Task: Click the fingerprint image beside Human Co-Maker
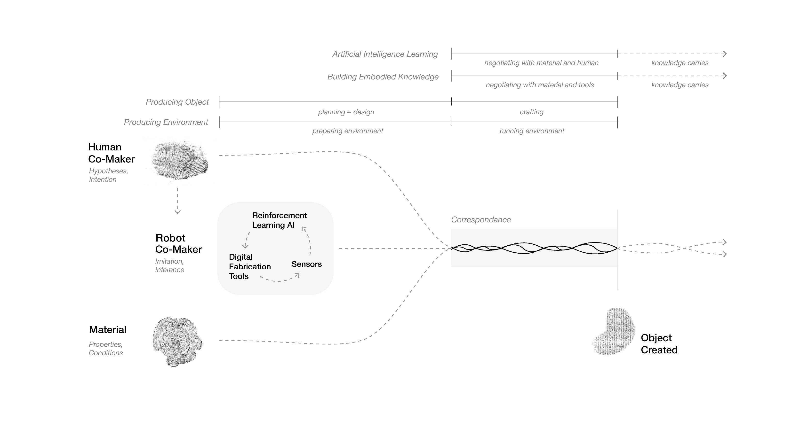pos(179,160)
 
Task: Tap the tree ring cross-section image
pos(177,341)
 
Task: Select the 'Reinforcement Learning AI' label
pos(279,220)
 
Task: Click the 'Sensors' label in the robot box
pos(306,264)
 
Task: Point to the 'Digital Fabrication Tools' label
pos(249,266)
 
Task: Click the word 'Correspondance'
pos(481,220)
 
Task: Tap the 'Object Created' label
pos(659,344)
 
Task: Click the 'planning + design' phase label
pos(346,112)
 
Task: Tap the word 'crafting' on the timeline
pos(531,112)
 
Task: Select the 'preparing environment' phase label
pos(348,131)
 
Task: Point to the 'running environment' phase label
pos(532,131)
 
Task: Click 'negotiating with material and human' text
pos(541,63)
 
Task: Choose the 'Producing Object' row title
pos(177,102)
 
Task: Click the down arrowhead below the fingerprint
pos(177,212)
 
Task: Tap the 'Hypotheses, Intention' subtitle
pos(108,175)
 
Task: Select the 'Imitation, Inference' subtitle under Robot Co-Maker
pos(169,265)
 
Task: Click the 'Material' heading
pos(107,330)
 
